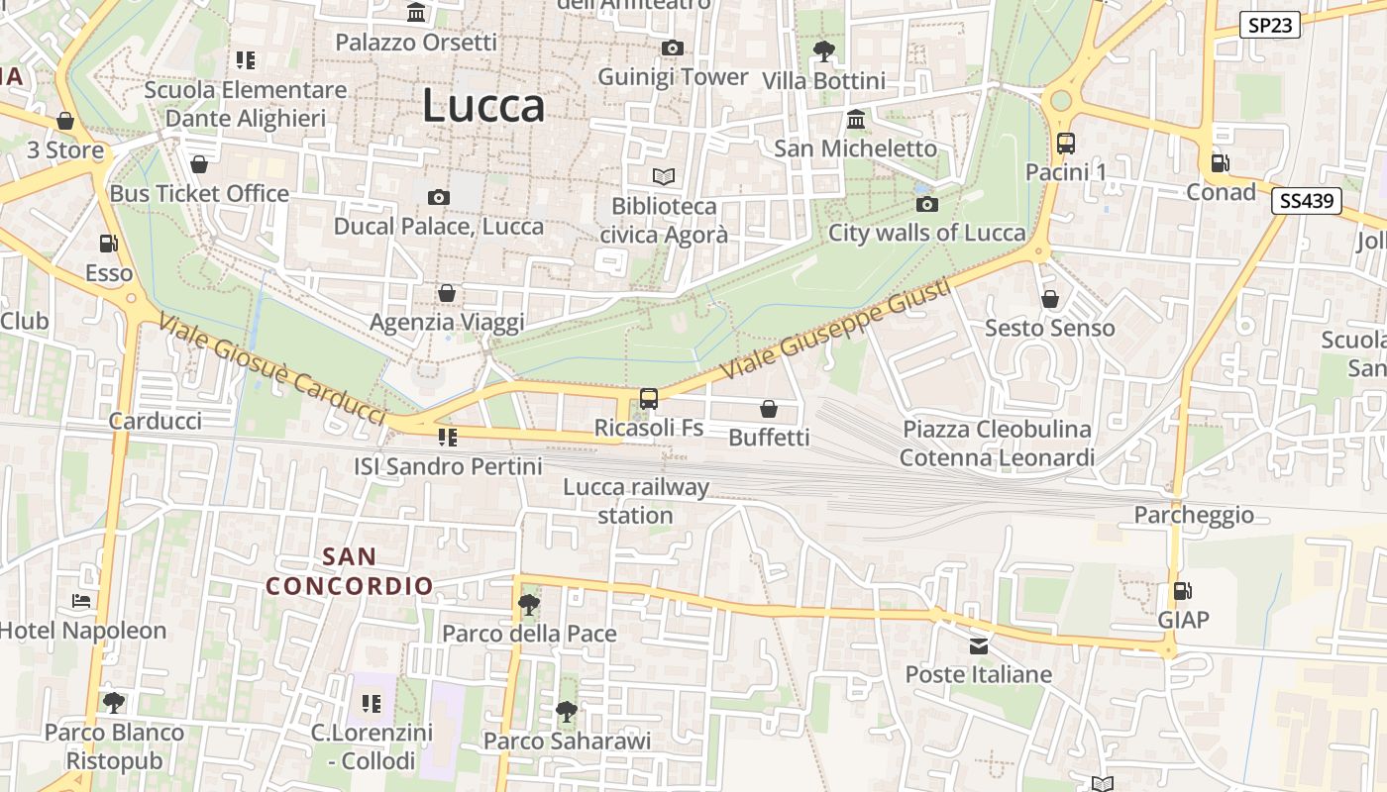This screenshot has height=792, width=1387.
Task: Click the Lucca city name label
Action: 483,106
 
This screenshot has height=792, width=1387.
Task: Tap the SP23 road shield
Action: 1270,25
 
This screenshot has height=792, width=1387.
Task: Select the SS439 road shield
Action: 1307,201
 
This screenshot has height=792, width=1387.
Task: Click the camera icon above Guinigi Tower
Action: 673,48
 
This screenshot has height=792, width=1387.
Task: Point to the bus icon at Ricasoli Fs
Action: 649,399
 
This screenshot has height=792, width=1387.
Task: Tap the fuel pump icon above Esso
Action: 108,244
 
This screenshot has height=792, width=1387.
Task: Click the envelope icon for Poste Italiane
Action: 979,646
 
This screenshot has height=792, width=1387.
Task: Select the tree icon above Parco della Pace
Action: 529,604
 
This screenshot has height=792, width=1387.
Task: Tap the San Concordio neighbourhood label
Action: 350,571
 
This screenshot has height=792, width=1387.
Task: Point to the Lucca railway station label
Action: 636,501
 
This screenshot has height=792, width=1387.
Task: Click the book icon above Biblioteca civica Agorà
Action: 664,176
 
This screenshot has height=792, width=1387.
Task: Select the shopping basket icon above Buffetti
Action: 769,408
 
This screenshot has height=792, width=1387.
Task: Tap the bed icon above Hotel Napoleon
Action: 81,601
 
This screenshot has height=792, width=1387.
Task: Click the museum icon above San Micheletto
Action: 856,120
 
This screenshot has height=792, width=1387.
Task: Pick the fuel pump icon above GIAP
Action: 1183,591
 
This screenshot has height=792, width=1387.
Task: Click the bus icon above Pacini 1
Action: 1066,144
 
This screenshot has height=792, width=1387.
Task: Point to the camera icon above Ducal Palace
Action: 439,197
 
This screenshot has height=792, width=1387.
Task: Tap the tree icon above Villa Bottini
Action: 823,50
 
